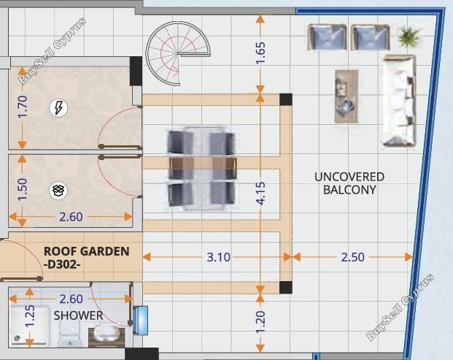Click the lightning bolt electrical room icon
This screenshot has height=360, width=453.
[x=58, y=108]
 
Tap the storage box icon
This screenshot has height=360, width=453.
[x=58, y=191]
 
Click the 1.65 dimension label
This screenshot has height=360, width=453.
[x=260, y=53]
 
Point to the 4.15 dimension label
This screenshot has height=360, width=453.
[x=260, y=194]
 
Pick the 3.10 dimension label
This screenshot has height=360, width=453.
[x=218, y=257]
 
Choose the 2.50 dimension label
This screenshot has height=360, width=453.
[x=352, y=257]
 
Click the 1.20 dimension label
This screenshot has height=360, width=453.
[x=260, y=322]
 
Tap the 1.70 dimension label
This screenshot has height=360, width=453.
[x=22, y=107]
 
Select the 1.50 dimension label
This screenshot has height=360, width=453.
[x=22, y=189]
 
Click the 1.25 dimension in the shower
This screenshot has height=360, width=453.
[x=30, y=316]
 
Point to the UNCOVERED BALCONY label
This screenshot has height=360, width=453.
[x=349, y=183]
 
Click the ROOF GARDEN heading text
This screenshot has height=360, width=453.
[x=86, y=251]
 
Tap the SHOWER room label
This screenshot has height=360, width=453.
[x=78, y=315]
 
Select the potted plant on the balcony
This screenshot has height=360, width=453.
[x=409, y=36]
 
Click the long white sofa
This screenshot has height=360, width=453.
[x=399, y=101]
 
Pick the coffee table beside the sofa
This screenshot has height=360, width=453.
[x=346, y=96]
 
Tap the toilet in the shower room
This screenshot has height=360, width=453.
[x=69, y=334]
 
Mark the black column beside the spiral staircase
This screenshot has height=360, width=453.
[x=136, y=71]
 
